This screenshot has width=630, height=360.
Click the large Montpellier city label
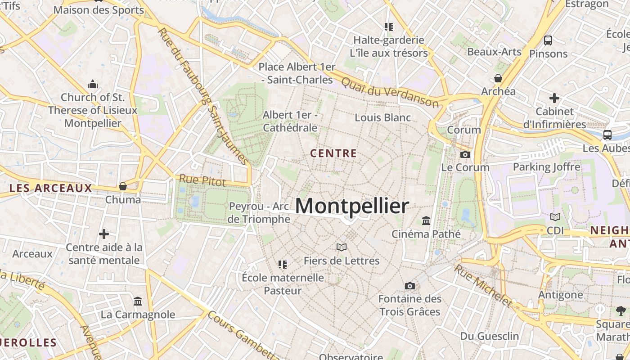352,206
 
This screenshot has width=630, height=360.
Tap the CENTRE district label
333,153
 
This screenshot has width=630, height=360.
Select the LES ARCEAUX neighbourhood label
50,188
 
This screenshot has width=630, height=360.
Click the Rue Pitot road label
202,180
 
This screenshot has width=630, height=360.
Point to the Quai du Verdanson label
390,92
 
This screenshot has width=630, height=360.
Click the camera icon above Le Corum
465,154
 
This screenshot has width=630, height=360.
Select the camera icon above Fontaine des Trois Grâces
409,286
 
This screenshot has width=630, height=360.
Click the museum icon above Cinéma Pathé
426,221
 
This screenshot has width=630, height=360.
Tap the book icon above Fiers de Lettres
342,247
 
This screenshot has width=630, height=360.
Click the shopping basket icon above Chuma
122,186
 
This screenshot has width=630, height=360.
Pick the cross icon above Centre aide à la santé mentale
104,234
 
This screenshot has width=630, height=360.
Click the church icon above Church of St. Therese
93,84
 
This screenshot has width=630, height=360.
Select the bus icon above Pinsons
548,40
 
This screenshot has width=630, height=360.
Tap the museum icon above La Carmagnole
138,301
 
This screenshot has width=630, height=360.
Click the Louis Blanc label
382,117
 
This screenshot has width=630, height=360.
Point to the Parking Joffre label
546,167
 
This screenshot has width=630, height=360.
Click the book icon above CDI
555,217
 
